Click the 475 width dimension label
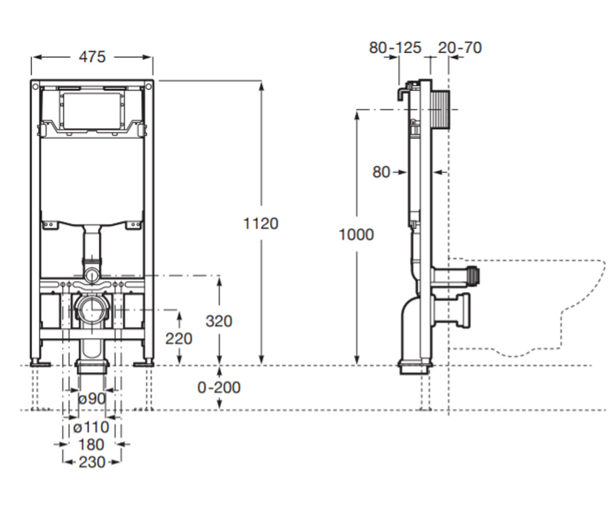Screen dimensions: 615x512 click(x=92, y=57)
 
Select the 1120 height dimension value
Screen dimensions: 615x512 click(x=261, y=223)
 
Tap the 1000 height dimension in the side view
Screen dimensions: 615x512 click(x=356, y=234)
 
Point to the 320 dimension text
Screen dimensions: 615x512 click(x=219, y=321)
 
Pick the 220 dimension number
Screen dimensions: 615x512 click(x=179, y=338)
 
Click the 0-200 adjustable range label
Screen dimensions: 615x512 click(x=219, y=388)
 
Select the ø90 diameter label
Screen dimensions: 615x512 click(x=92, y=399)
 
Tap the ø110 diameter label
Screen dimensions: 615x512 click(x=91, y=427)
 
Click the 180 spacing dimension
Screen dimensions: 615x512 click(x=91, y=444)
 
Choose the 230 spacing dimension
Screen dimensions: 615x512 click(x=92, y=462)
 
